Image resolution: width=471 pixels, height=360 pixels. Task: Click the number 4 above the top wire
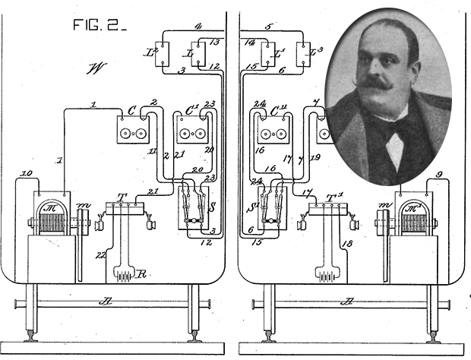coord(196,27)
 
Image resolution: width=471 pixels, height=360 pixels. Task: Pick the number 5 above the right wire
coord(270,27)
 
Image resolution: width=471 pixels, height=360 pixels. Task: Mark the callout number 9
coord(438,175)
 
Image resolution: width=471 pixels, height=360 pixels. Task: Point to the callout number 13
coord(214,42)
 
